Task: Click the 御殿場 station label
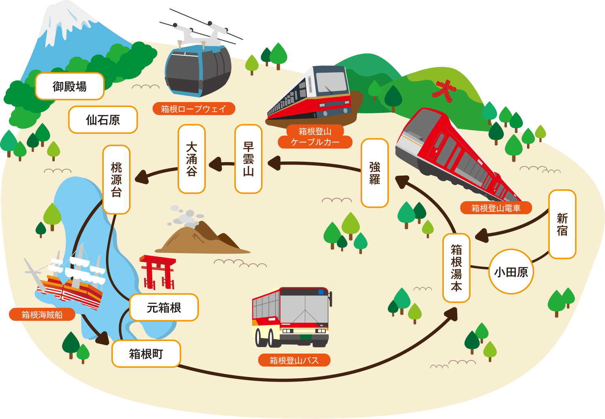69,86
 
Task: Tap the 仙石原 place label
103,120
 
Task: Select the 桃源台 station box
116,180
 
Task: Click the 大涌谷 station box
192,159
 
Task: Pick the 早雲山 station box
248,159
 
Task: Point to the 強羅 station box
374,173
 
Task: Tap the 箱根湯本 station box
456,268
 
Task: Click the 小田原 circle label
511,271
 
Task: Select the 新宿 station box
562,224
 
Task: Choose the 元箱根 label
164,308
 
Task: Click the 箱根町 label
146,354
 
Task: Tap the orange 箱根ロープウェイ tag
194,109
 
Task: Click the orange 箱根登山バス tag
294,360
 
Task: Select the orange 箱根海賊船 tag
42,315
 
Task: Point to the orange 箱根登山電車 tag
496,208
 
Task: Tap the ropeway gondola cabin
198,70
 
